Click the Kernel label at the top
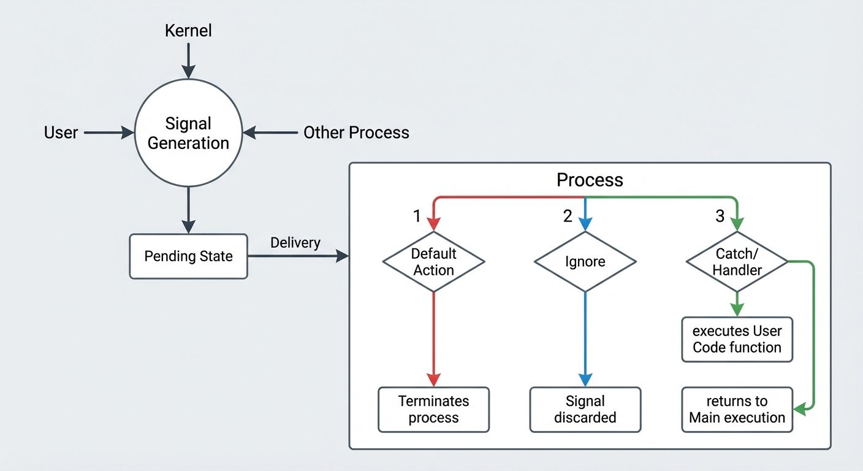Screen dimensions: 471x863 point(188,31)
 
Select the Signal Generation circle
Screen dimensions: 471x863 point(188,133)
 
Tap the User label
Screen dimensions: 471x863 point(61,132)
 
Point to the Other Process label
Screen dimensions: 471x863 point(356,132)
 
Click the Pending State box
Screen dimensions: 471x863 point(188,256)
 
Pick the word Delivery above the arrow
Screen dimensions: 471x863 point(295,243)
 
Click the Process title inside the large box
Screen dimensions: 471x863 point(590,180)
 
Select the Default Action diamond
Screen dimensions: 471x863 point(433,262)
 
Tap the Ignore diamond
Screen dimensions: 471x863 point(585,262)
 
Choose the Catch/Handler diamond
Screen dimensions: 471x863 point(737,262)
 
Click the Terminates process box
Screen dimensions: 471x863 point(433,410)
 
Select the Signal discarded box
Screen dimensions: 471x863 point(585,410)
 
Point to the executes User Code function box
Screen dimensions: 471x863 point(737,339)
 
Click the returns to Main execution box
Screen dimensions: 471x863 point(737,410)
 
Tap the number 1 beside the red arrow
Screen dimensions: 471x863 point(417,216)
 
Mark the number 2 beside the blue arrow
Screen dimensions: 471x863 point(568,216)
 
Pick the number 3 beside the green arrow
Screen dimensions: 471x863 point(720,216)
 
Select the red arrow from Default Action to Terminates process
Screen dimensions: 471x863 point(433,337)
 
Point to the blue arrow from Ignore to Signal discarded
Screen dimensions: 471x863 point(585,337)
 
